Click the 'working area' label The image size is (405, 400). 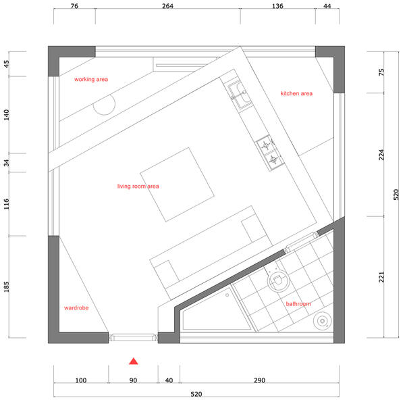(x=91, y=79)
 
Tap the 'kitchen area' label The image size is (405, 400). (x=296, y=93)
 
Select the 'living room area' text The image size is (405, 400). (x=138, y=186)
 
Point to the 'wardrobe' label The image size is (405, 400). (x=76, y=307)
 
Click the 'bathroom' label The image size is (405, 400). (x=298, y=304)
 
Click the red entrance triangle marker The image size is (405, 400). (x=133, y=361)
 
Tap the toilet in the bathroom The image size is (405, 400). (x=277, y=279)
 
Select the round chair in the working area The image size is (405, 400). (x=105, y=105)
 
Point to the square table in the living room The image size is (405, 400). (x=177, y=184)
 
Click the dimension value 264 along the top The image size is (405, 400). (x=167, y=6)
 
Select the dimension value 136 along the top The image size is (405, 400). (x=277, y=6)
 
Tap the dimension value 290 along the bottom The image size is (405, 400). (x=259, y=380)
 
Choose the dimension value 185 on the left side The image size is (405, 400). (x=6, y=286)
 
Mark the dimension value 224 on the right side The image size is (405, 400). (x=381, y=155)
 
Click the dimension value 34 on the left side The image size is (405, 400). (x=6, y=163)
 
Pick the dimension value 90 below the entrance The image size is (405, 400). (x=133, y=380)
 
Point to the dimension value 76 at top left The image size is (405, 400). (x=74, y=6)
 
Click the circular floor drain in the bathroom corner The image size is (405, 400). (x=322, y=321)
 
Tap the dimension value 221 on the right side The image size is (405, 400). (x=381, y=277)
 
